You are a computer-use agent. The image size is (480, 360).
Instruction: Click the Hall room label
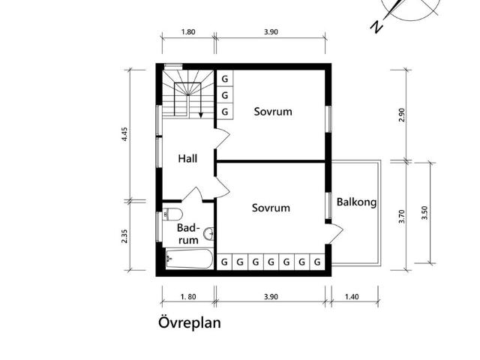[x=187, y=158]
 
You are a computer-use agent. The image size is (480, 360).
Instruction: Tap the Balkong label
[x=357, y=202]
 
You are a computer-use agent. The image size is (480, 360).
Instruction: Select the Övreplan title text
[x=190, y=322]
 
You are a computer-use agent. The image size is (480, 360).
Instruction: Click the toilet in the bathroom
[x=172, y=214]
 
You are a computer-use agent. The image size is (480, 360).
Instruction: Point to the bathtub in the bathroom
[x=190, y=259]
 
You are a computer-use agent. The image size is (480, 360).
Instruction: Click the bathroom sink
[x=210, y=234]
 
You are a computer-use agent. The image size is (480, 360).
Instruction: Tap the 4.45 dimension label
[x=124, y=134]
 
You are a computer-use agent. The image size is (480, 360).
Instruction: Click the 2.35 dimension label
[x=124, y=236]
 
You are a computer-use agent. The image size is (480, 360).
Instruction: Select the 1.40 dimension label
[x=352, y=297]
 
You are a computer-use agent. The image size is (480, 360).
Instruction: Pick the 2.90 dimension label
[x=402, y=115]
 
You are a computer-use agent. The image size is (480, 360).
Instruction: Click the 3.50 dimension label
[x=424, y=213]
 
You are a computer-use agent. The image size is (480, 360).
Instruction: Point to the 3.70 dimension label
[x=402, y=217]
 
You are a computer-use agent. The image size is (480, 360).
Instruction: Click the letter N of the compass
[x=376, y=27]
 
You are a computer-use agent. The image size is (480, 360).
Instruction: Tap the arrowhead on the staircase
[x=201, y=115]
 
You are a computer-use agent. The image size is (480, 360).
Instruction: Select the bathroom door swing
[x=192, y=194]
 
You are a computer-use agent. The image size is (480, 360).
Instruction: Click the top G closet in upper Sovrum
[x=225, y=79]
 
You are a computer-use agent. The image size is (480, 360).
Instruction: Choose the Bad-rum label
[x=188, y=234]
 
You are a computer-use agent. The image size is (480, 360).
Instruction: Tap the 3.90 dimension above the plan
[x=271, y=31]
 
